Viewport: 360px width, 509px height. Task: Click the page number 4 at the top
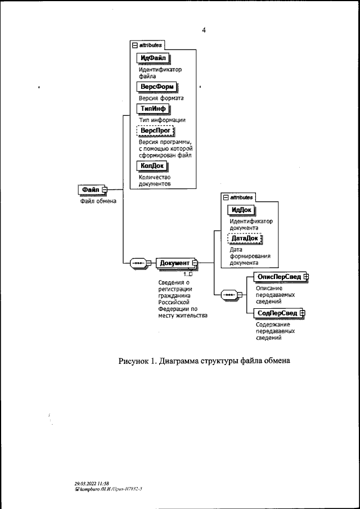[204, 30]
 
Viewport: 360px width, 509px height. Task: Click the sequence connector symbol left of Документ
[138, 263]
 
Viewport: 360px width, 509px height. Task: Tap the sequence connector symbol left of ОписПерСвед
[229, 294]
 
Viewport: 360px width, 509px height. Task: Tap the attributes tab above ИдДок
[238, 197]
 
